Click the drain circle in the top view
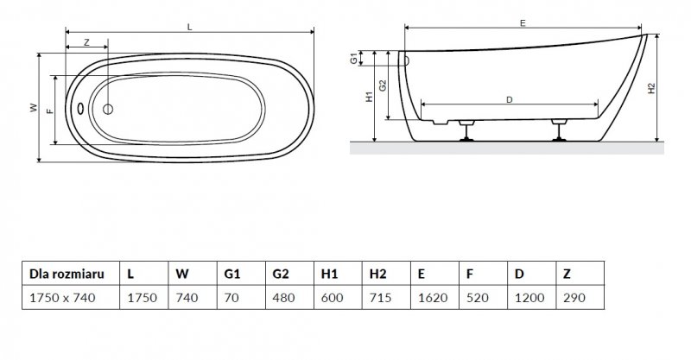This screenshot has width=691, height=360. pos(108,109)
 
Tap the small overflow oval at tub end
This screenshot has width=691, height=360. pos(79,109)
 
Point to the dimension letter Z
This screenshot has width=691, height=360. pos(86,42)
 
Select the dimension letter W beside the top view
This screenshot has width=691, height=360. pos(32,108)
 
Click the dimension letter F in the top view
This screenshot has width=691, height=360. pos(49,110)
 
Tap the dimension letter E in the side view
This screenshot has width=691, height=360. pos(523,23)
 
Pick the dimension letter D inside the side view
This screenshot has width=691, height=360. pos(510,100)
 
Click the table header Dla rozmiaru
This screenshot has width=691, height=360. pos(67,274)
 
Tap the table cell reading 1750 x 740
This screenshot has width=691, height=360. pos(62,298)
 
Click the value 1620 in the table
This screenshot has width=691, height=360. pos(429,298)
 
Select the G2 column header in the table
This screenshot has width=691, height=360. pos(281,274)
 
